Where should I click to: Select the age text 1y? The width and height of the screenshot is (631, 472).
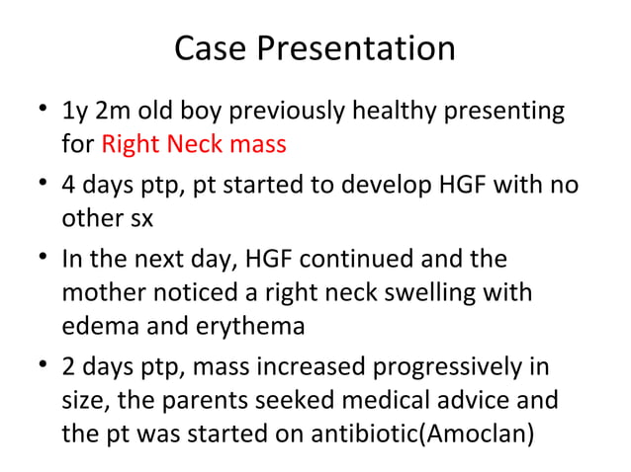tap(74, 111)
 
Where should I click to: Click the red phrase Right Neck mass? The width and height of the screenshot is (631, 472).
tap(194, 146)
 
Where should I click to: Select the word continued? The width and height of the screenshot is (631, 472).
tap(356, 259)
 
